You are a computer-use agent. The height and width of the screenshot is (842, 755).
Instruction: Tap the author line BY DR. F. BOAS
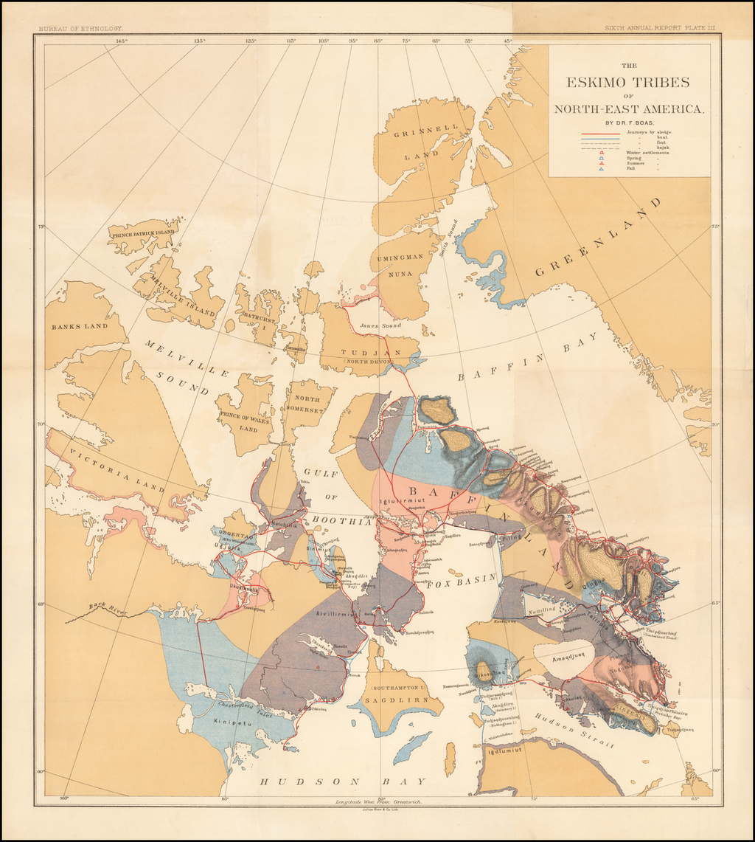click(x=629, y=122)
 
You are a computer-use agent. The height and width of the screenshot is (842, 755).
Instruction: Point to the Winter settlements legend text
click(x=648, y=153)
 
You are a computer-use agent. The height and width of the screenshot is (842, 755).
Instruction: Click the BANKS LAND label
click(x=80, y=325)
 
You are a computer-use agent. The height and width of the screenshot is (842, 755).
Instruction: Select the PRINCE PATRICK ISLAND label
click(x=143, y=232)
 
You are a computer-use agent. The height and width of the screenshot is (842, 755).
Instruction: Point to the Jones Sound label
click(x=380, y=325)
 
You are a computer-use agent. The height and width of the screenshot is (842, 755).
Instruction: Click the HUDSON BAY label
click(x=341, y=781)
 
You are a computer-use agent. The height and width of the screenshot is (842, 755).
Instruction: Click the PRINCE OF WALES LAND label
click(x=244, y=420)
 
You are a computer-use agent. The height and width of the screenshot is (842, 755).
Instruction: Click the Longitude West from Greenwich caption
click(x=377, y=800)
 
